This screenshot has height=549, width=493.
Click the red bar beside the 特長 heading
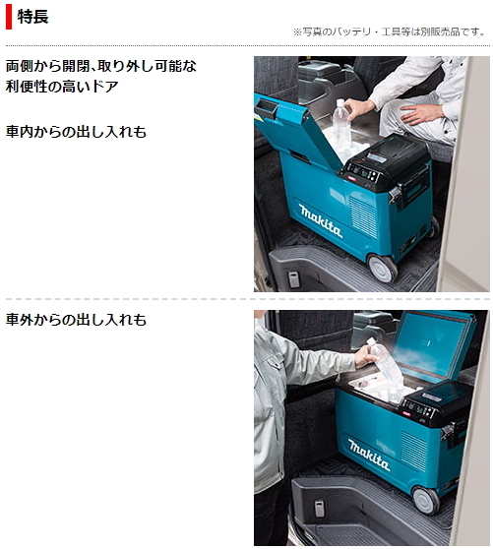9,17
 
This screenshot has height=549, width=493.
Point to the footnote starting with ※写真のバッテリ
390,32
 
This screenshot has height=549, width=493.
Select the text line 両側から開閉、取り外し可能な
101,66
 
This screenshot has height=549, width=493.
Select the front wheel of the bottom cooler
425,499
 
